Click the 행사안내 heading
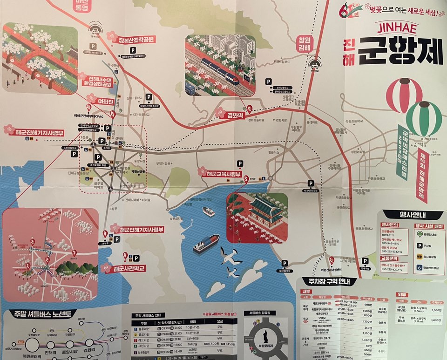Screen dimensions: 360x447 (410, 215)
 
